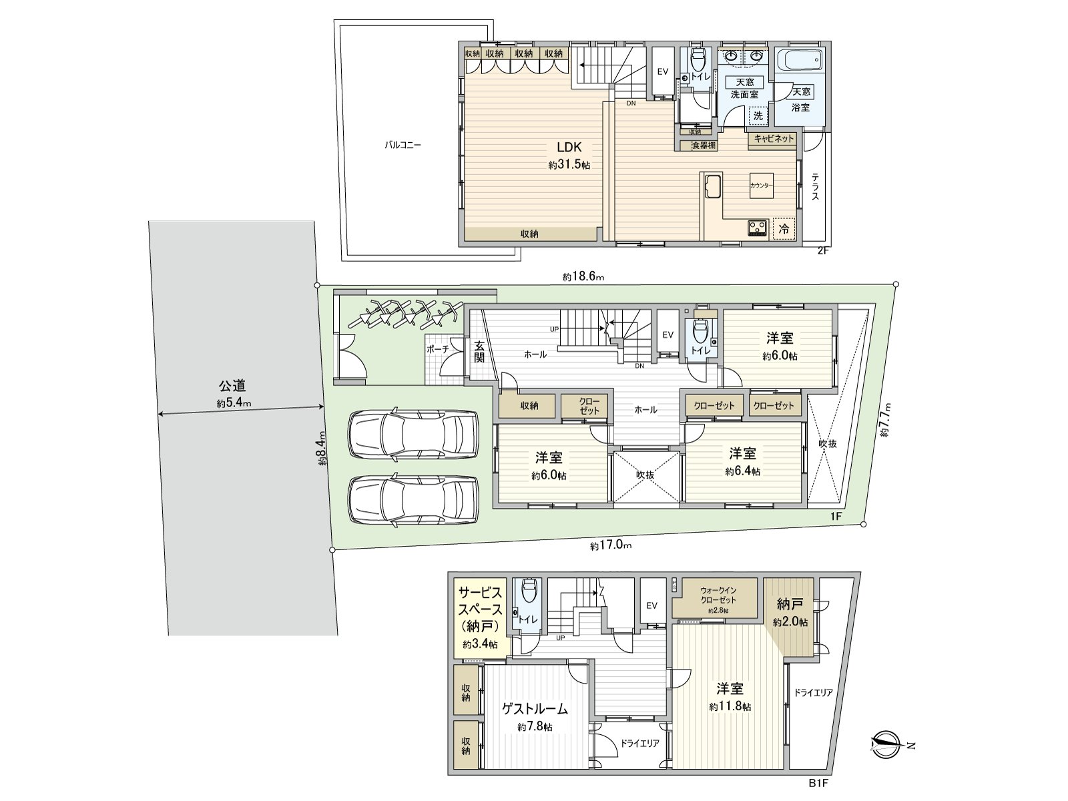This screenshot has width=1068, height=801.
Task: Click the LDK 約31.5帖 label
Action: [569, 154]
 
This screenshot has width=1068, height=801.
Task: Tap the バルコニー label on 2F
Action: [403, 144]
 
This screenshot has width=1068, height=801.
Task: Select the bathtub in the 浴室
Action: [801, 61]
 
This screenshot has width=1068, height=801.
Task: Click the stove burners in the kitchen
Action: [758, 228]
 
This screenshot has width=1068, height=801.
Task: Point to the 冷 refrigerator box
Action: [785, 228]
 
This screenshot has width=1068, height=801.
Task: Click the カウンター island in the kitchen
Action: [761, 186]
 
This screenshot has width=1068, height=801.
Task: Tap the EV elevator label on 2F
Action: [663, 71]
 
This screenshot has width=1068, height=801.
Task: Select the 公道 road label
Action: [232, 386]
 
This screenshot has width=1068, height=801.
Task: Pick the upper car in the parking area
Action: [413, 434]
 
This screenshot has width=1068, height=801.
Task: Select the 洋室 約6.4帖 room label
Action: [742, 461]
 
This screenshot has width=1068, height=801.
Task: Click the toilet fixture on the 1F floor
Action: [700, 329]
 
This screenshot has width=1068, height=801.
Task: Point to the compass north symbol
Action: [888, 744]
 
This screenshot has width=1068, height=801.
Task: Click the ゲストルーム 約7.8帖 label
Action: [535, 716]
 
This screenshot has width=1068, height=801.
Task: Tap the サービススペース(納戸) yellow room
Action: [479, 617]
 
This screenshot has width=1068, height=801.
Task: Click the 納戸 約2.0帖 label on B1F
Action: [790, 611]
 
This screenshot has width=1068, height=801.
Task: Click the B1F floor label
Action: [818, 783]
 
